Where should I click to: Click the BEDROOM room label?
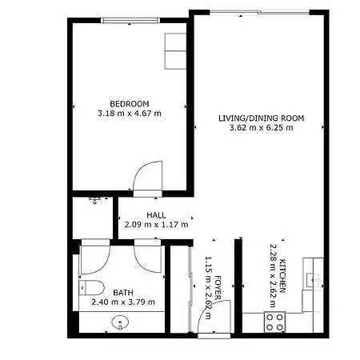(130, 104)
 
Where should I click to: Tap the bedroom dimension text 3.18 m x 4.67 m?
(130, 114)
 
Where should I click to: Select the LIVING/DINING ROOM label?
(262, 118)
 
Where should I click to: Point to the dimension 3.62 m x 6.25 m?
(262, 128)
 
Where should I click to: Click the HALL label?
(156, 215)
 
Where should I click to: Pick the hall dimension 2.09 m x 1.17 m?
(156, 225)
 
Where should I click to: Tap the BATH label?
(123, 293)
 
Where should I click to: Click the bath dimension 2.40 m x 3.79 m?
(123, 302)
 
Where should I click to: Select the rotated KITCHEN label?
(282, 276)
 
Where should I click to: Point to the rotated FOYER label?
(218, 288)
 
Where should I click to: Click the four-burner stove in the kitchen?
(274, 322)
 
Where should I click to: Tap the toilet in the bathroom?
(91, 288)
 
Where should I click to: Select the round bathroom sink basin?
(120, 322)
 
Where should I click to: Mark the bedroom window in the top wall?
(130, 20)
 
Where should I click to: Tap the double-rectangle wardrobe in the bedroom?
(175, 50)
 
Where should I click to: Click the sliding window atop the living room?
(259, 12)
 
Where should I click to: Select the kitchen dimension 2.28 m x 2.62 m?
(273, 276)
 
